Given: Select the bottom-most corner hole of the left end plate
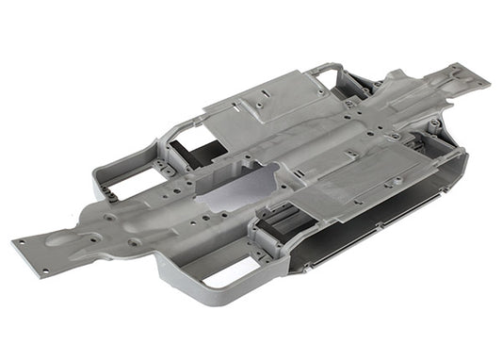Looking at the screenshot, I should tap(44, 270).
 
